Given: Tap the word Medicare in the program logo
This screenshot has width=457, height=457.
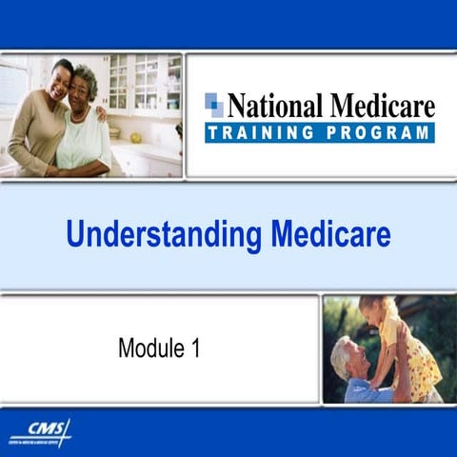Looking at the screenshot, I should tap(379, 105).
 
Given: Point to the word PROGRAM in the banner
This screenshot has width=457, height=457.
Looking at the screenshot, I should tap(380, 132).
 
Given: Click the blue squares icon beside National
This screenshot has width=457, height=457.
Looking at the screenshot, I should tap(214, 105).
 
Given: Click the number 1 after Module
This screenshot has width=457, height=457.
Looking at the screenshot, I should tap(196, 348).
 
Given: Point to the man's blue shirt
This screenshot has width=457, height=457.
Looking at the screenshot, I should tap(367, 390).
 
